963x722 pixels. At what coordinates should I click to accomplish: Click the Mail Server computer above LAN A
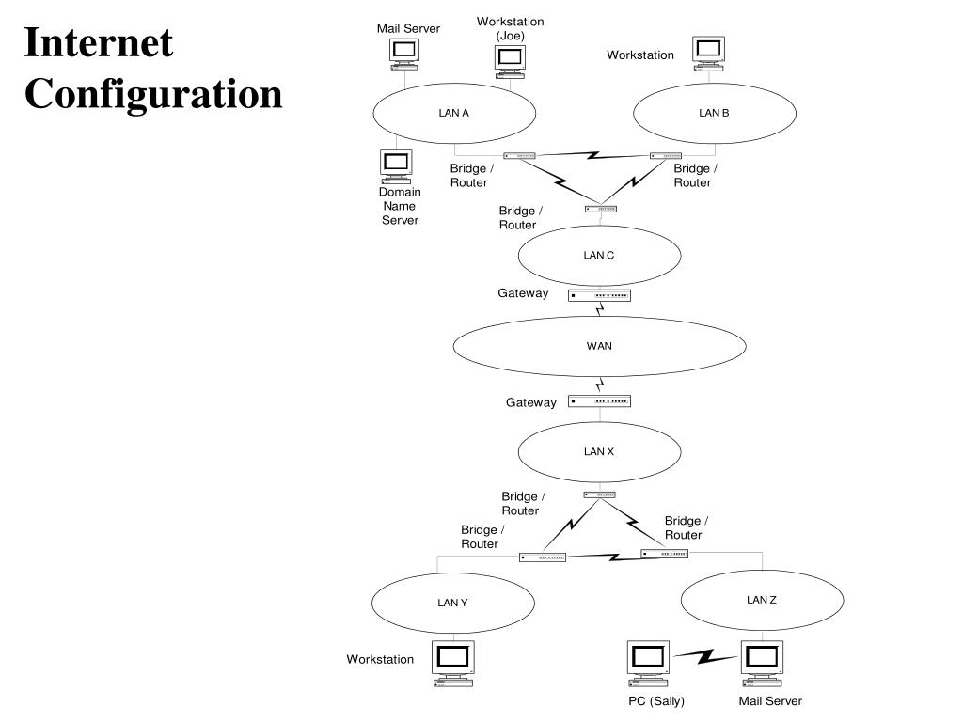404,53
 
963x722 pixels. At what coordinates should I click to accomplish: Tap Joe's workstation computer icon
509,59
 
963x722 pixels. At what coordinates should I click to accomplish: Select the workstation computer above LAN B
707,53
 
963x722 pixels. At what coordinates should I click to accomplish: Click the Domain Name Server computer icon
396,165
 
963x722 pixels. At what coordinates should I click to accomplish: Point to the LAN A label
453,113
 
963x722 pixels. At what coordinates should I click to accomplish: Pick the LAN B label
714,113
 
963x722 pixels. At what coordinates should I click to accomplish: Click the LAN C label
599,255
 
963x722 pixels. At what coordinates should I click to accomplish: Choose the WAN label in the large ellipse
599,345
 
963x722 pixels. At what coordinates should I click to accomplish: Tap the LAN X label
599,451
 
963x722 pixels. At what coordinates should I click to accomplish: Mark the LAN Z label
761,599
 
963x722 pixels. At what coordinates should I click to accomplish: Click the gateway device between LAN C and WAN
599,295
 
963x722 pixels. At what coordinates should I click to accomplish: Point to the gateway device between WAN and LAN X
599,401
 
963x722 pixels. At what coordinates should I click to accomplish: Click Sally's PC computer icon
648,665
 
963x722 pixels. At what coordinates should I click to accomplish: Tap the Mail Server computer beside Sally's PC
762,665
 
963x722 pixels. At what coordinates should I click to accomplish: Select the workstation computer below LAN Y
453,664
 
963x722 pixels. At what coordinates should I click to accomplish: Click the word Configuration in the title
153,95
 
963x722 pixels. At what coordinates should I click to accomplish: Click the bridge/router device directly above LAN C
600,209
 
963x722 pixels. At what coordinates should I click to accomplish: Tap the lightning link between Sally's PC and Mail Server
705,656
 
